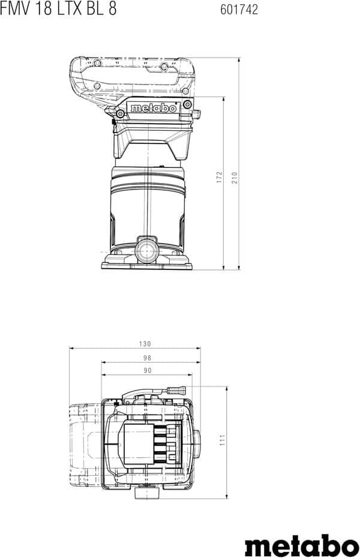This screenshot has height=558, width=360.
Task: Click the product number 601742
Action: pos(239,10)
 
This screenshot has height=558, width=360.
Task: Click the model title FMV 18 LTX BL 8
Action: pos(58,8)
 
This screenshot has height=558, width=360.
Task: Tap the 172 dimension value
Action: pos(219,177)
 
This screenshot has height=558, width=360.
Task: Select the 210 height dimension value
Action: pos(235,178)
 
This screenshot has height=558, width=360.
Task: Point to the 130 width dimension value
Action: pos(145,344)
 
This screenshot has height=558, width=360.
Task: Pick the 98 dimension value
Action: pos(147,358)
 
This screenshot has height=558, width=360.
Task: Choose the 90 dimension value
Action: pos(147,370)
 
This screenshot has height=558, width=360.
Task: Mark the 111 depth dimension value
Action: pos(223,440)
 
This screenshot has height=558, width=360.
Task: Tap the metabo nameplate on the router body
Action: pos(154,108)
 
